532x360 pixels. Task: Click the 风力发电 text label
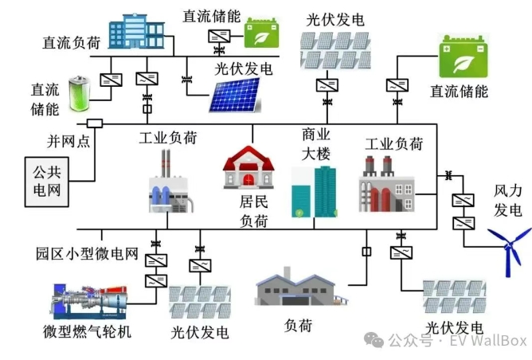[x=508, y=201]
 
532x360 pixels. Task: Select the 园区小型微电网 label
[x=88, y=254]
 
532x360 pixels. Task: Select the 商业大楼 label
[x=315, y=143]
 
